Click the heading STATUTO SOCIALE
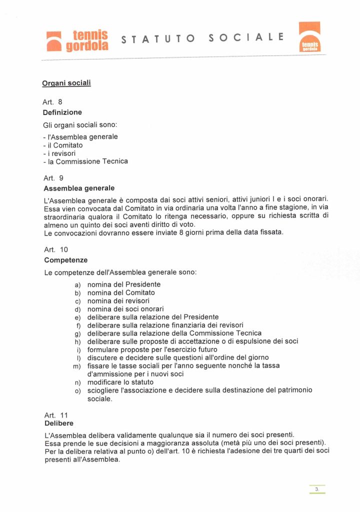coord(203,38)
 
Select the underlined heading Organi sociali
coord(66,82)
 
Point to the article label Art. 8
coord(52,102)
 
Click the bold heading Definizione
coord(62,112)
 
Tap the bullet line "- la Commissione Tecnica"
coord(85,161)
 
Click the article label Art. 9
coord(53,177)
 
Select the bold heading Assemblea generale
coord(79,188)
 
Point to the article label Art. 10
coord(55,249)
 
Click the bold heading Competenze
coord(66,260)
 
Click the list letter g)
coord(77,333)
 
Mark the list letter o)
coord(77,390)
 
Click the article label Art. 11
coord(55,415)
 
